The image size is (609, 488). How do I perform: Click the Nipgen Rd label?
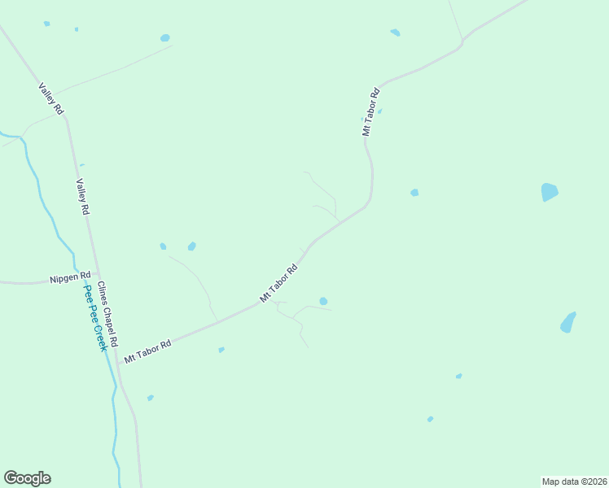coord(70,278)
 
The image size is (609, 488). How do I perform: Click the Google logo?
coord(27,478)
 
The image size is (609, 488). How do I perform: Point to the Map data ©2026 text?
coord(574,481)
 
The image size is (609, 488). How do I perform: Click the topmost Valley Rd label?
coord(50,98)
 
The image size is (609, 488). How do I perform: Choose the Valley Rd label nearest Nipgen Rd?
coord(82,197)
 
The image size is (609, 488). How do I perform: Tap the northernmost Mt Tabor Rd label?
coord(371,111)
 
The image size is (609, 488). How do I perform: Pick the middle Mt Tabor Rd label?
coord(279,283)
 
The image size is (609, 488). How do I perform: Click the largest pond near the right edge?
coord(550,192)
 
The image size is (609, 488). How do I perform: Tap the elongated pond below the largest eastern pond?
coord(567,322)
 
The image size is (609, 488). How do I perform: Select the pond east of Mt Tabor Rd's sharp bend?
coord(414,193)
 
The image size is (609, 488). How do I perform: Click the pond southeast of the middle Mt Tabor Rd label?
coord(323,301)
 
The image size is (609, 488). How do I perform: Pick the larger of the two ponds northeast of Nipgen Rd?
coord(191,246)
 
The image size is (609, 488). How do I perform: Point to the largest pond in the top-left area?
coord(165,37)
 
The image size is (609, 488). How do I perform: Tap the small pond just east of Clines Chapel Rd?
coord(150,398)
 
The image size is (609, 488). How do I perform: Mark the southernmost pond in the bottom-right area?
coord(430,419)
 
